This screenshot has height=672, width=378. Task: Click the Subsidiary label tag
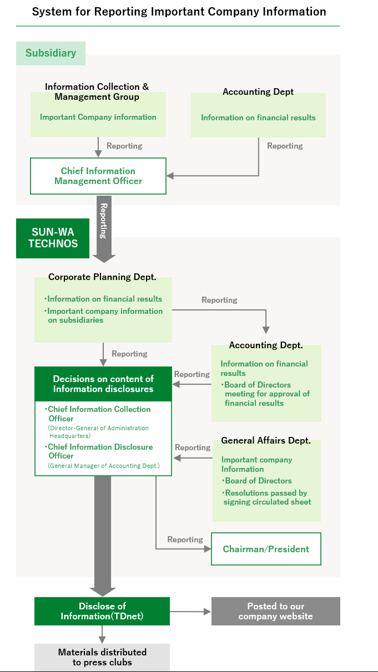coord(51,53)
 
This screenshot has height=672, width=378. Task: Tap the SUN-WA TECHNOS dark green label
coord(53,238)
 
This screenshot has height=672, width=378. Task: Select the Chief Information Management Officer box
coord(98,176)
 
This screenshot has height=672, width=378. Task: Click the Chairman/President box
coord(266,549)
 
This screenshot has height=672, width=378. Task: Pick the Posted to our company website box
coord(276,611)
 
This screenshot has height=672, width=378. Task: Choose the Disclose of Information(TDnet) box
coord(102,611)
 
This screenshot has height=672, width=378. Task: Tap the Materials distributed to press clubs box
coord(102,657)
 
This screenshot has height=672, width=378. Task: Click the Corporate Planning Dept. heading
coord(102,277)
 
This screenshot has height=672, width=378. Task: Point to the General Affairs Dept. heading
coord(266,440)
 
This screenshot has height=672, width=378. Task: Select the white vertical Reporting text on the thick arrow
coord(104,221)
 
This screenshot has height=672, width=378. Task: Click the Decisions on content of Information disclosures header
coord(103,384)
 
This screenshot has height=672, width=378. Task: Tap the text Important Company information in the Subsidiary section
coord(98,117)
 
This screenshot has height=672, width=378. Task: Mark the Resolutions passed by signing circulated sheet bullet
coord(267,497)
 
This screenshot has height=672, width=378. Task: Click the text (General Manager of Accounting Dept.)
coord(104,466)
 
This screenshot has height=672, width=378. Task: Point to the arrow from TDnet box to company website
coord(190,612)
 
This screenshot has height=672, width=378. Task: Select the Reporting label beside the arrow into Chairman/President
coord(185,539)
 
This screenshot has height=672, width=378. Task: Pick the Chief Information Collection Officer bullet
coord(98,414)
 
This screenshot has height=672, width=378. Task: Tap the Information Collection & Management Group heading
coord(97,92)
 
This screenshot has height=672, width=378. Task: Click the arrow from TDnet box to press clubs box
coord(102,634)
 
